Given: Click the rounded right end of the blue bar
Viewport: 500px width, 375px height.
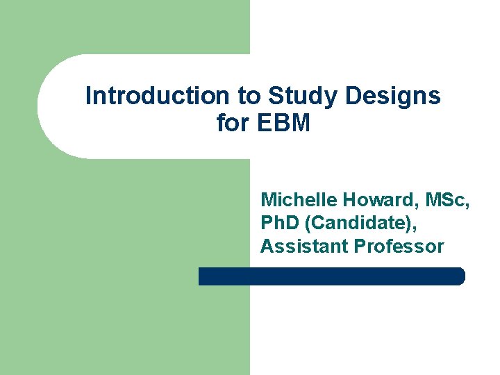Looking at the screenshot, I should (459, 276).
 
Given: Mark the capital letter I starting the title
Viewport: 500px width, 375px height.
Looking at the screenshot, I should (88, 96).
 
